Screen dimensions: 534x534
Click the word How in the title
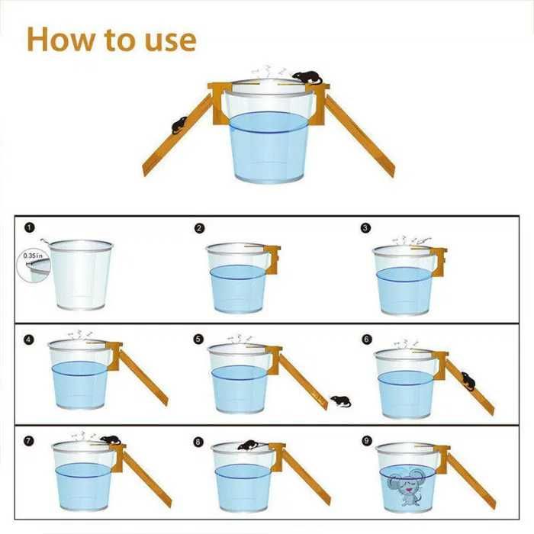(60, 40)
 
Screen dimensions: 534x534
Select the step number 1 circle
(30, 227)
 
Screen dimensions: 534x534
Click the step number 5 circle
(198, 339)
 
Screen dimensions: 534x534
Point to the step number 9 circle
(366, 441)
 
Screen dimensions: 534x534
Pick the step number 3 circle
(365, 228)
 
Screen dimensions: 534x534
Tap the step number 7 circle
(29, 442)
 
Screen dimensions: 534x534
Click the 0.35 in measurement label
(33, 255)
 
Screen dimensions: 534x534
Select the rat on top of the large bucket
(307, 78)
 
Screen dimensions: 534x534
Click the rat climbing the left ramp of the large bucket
(179, 125)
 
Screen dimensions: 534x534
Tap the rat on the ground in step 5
(341, 401)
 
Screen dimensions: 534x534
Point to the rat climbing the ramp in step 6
(468, 381)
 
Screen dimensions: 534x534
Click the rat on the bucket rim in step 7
(111, 440)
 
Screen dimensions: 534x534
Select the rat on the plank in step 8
(248, 445)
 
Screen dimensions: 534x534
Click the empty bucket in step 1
(81, 275)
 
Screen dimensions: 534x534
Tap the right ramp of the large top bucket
(359, 136)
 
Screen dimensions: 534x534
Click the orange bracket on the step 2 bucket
(272, 258)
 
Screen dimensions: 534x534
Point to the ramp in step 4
(143, 378)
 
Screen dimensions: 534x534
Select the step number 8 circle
(198, 442)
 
